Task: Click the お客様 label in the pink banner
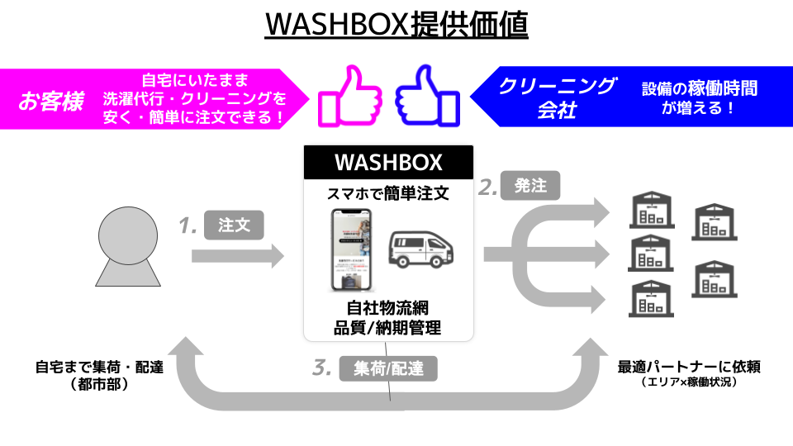[50, 102]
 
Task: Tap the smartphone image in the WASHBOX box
[350, 249]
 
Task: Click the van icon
[421, 248]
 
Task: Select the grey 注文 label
[234, 225]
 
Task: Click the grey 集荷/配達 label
[387, 368]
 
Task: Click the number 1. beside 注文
[188, 225]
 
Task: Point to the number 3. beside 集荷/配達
[322, 368]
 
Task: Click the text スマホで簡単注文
[388, 194]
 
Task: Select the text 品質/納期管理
[387, 327]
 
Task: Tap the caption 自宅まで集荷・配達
[99, 367]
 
